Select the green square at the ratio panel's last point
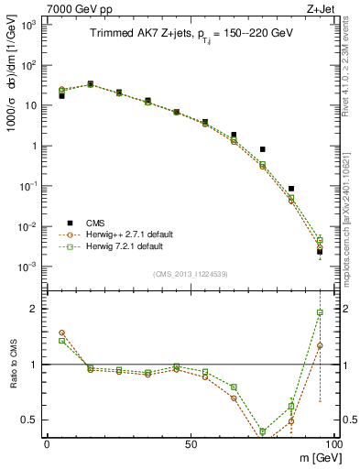320,312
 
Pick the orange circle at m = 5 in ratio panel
61,333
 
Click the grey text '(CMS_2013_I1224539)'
191,273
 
